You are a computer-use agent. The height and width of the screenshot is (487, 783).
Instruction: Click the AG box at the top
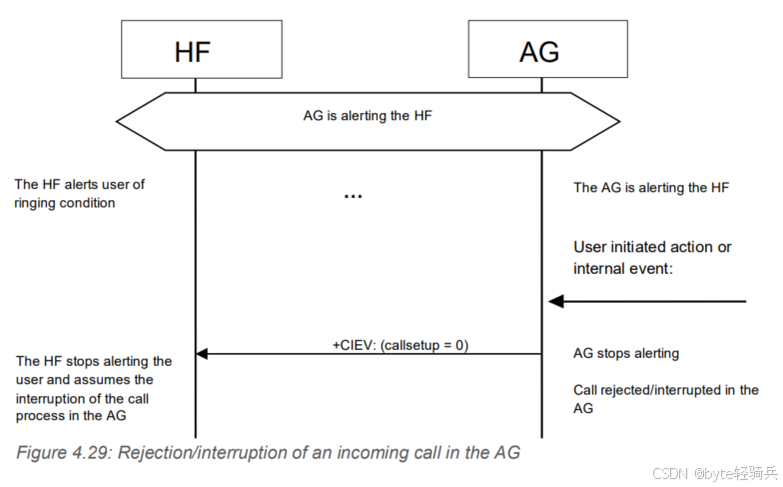click(540, 50)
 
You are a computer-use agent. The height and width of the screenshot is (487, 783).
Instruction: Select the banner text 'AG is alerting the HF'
click(368, 116)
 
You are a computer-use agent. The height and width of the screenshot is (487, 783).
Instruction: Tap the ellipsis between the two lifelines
click(353, 196)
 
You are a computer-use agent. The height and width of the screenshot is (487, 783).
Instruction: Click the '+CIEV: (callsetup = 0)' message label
click(399, 344)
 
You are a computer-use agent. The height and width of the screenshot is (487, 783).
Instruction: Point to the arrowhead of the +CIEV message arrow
click(202, 353)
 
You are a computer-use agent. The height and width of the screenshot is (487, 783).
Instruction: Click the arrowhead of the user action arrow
click(555, 301)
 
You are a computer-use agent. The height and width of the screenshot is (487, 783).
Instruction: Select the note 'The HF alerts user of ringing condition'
click(80, 194)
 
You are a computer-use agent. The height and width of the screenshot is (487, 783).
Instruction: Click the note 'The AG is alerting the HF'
click(651, 187)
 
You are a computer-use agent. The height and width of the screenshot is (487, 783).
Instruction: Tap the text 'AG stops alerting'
click(626, 353)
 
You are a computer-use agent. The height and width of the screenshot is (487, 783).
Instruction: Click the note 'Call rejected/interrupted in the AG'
click(665, 399)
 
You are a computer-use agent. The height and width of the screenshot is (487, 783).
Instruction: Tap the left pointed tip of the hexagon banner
click(118, 122)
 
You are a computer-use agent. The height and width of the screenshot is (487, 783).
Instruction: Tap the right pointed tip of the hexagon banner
click(618, 122)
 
